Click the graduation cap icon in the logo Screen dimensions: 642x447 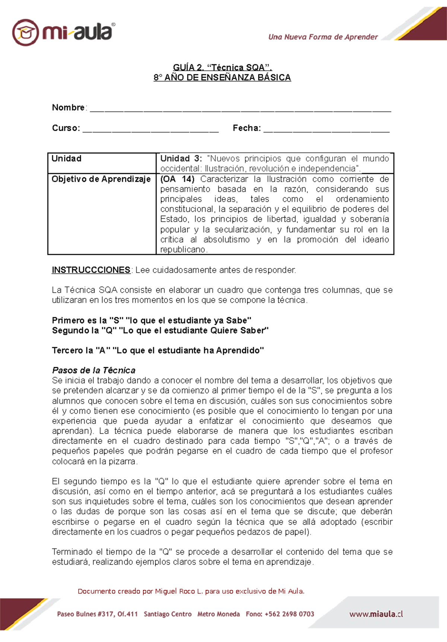pyautogui.click(x=25, y=33)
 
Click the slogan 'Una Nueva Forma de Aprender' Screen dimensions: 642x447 pyautogui.click(x=323, y=37)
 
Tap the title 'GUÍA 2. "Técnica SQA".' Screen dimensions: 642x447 pyautogui.click(x=222, y=67)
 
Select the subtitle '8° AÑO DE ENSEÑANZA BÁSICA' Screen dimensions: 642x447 pyautogui.click(x=222, y=77)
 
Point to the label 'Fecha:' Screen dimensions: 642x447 pyautogui.click(x=247, y=128)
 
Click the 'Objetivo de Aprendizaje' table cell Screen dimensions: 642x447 pyautogui.click(x=101, y=179)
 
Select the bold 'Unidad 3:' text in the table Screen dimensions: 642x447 pyautogui.click(x=181, y=159)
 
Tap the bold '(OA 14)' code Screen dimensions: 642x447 pyautogui.click(x=177, y=179)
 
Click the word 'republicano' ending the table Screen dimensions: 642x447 pyautogui.click(x=183, y=250)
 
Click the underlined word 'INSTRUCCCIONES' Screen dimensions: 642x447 pyautogui.click(x=91, y=270)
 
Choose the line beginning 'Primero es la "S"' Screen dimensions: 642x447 pyautogui.click(x=151, y=320)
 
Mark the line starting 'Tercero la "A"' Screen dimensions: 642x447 pyautogui.click(x=158, y=350)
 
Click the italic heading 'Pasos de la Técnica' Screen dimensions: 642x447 pyautogui.click(x=93, y=371)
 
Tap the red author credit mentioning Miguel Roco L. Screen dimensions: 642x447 pyautogui.click(x=191, y=591)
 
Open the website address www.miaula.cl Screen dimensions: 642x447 pyautogui.click(x=376, y=614)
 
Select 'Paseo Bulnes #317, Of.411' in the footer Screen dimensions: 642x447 pyautogui.click(x=97, y=614)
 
